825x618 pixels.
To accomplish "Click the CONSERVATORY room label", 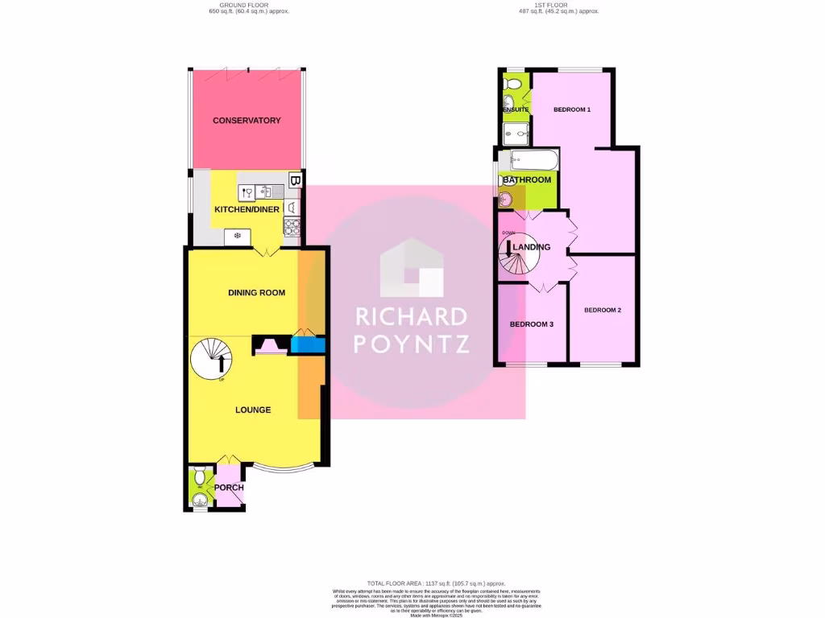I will (247, 121).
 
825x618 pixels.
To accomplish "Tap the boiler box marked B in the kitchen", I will (295, 181).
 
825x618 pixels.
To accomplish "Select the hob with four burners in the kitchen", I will (292, 229).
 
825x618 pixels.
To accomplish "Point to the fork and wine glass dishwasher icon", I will (247, 192).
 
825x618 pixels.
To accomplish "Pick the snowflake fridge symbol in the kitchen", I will (238, 236).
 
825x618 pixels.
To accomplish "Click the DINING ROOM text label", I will (256, 293).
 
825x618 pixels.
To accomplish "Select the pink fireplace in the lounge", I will (269, 347).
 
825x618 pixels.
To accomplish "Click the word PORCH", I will (229, 488).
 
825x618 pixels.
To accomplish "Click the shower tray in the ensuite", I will (516, 133).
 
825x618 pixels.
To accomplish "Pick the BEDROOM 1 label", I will (572, 109).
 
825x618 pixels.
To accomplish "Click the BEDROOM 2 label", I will (603, 310).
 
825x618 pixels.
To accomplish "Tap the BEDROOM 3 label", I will (531, 324).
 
